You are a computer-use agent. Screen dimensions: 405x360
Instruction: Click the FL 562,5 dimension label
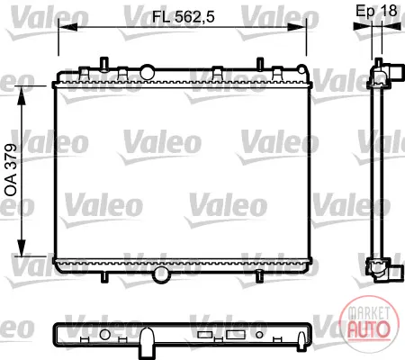click(x=184, y=17)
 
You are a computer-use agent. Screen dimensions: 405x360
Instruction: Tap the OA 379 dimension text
click(x=11, y=170)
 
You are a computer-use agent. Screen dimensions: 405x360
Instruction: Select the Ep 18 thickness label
click(x=376, y=11)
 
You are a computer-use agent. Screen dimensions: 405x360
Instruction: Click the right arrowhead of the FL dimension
click(x=297, y=27)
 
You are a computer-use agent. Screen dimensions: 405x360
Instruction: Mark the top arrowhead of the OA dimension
click(x=22, y=95)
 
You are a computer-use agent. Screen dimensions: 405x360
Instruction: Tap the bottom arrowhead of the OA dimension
click(x=22, y=247)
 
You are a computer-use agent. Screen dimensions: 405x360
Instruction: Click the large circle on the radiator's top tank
click(x=148, y=72)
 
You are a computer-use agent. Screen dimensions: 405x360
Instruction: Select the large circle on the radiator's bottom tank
click(x=160, y=274)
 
